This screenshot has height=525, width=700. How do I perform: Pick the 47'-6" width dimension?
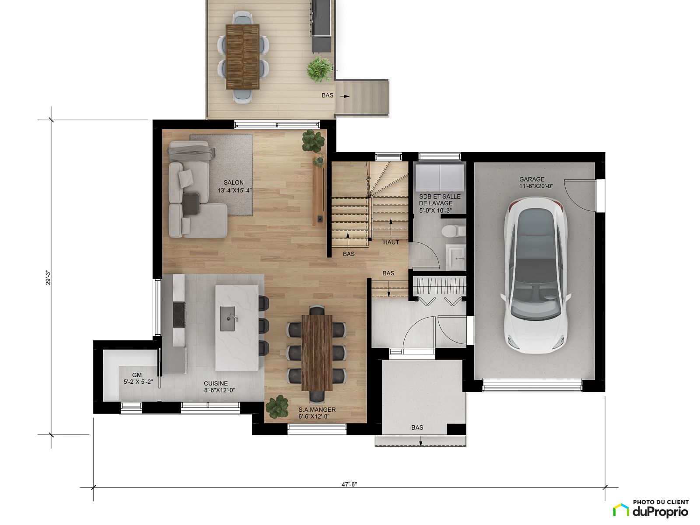click(349, 484)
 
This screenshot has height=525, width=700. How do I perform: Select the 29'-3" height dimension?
click(48, 277)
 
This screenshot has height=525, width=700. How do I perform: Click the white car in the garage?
click(536, 275)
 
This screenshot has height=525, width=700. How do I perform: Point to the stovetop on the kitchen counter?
click(179, 315)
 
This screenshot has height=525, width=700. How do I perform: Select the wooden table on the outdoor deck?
click(242, 57)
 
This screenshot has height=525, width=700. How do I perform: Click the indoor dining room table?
click(317, 353)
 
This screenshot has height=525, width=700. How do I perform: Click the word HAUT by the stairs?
click(391, 242)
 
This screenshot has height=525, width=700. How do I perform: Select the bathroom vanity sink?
click(456, 257)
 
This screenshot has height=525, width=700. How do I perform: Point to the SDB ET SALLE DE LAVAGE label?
click(439, 203)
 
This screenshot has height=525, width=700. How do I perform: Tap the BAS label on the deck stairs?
click(328, 95)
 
